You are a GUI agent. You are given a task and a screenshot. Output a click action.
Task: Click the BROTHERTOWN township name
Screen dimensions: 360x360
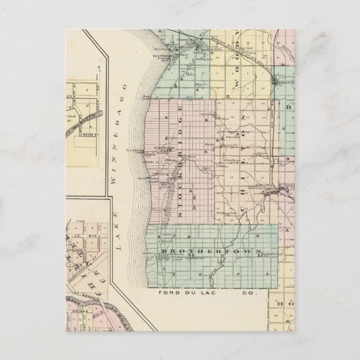pyautogui.click(x=210, y=252)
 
